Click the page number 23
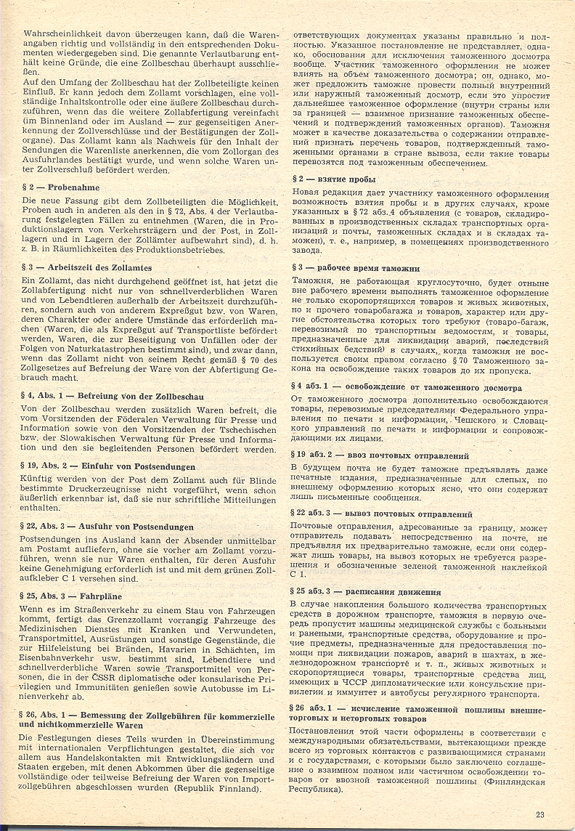point(540,813)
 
